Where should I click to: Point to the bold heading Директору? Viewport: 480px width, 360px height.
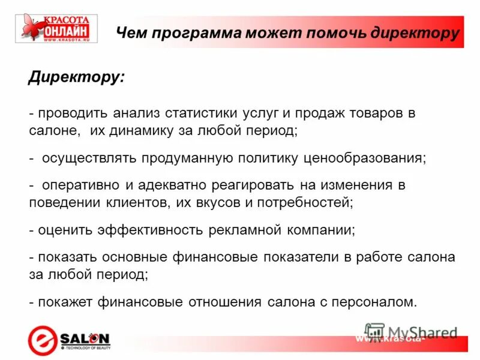click(x=77, y=78)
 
